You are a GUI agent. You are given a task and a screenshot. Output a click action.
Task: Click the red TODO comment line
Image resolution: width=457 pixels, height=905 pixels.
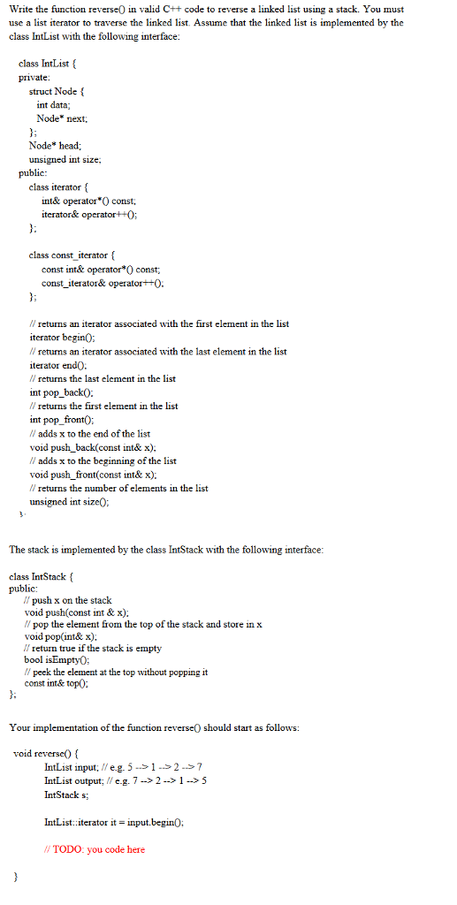94,849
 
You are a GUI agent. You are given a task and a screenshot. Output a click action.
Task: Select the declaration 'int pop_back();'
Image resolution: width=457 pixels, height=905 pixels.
65,392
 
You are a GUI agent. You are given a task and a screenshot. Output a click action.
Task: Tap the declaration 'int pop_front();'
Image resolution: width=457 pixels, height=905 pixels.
66,419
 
